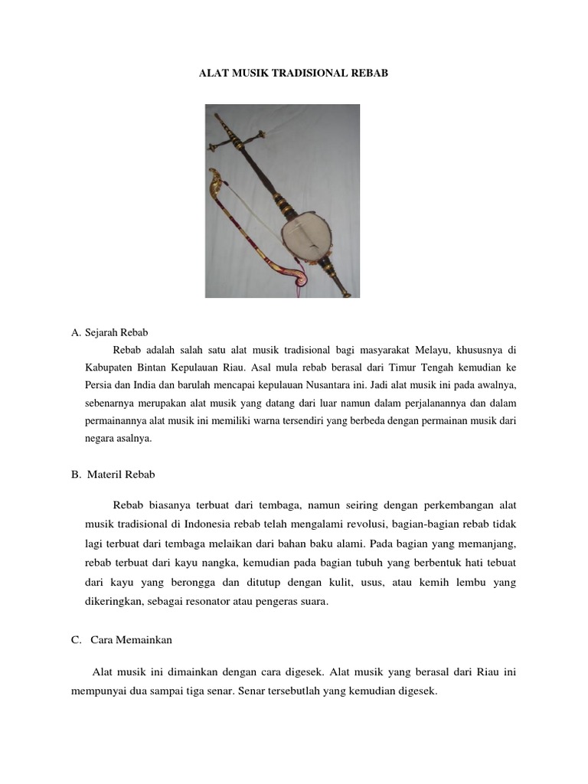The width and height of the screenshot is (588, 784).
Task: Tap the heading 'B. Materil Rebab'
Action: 113,474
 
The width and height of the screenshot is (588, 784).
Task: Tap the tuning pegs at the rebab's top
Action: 245,138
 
